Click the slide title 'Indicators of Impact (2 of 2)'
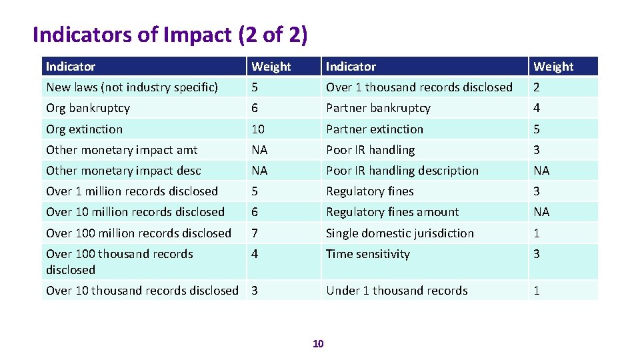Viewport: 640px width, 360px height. click(x=170, y=35)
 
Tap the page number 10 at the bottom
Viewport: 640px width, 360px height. click(x=318, y=343)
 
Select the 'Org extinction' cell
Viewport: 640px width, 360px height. click(x=85, y=129)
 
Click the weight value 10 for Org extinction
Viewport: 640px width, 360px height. click(x=258, y=129)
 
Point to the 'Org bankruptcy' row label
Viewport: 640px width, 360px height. click(x=88, y=108)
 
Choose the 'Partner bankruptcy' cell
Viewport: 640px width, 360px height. click(x=378, y=108)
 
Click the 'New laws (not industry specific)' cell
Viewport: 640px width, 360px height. click(x=132, y=87)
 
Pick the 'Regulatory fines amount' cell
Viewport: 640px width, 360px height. click(x=392, y=212)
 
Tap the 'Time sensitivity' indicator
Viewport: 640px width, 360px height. click(x=368, y=254)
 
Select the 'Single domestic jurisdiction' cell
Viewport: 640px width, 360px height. click(x=400, y=233)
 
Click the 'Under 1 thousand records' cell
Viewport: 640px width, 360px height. click(x=397, y=291)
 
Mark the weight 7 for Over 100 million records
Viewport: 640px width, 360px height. click(x=255, y=233)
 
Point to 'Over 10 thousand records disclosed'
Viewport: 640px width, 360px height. click(x=142, y=291)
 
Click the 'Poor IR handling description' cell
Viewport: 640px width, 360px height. click(x=402, y=171)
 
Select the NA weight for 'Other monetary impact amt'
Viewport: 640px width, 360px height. click(x=259, y=150)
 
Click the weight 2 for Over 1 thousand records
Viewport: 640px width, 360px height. click(x=537, y=87)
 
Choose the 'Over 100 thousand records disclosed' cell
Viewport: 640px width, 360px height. click(x=119, y=261)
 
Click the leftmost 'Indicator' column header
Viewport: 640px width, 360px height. click(x=71, y=67)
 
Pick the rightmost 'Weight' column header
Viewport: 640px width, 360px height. click(x=553, y=67)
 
